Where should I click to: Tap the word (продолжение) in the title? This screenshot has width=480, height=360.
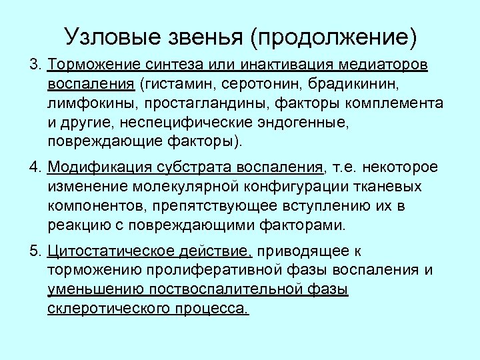(x=333, y=37)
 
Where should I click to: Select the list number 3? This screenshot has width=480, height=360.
(x=35, y=67)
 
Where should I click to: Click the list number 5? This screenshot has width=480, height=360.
(x=35, y=251)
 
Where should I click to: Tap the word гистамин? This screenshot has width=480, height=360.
(x=175, y=86)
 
